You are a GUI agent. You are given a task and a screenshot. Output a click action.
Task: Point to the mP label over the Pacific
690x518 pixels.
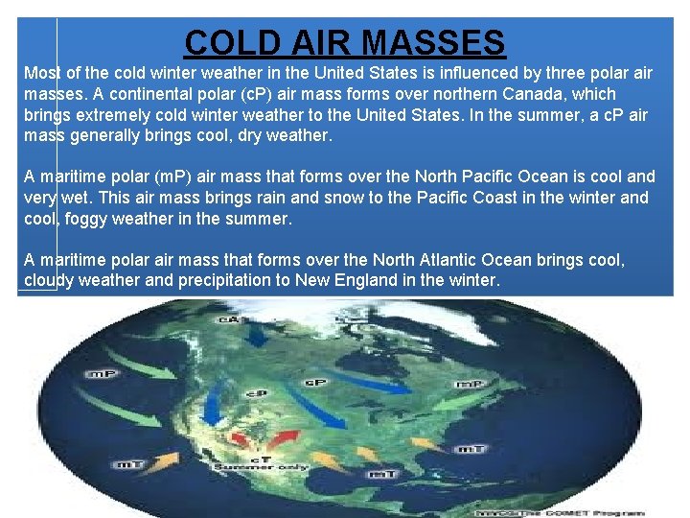point(103,373)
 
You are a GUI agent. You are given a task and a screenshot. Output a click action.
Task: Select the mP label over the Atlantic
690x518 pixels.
point(469,384)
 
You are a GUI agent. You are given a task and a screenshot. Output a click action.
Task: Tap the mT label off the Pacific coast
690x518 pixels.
point(128,465)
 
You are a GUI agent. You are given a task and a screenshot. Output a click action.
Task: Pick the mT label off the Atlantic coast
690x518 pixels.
point(471,449)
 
